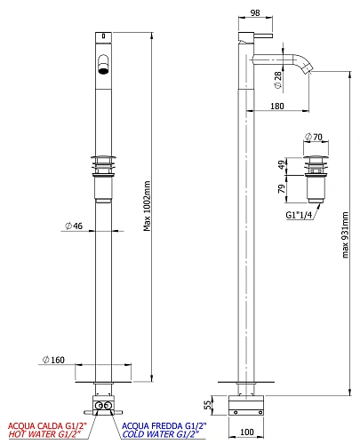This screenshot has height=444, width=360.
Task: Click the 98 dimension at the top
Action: point(255,12)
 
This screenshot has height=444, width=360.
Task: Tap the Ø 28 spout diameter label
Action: point(278,80)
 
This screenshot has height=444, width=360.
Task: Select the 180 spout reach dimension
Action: point(277,106)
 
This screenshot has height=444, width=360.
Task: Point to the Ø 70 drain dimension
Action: point(314,137)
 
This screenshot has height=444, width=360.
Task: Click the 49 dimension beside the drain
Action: point(283,164)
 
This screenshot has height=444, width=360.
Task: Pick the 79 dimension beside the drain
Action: point(282,188)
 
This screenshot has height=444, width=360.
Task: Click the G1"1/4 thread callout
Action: point(299,215)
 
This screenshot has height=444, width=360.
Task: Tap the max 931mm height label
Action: point(345,235)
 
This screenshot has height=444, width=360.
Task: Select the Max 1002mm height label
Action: point(147,206)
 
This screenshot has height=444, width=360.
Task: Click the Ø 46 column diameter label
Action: point(74,226)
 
